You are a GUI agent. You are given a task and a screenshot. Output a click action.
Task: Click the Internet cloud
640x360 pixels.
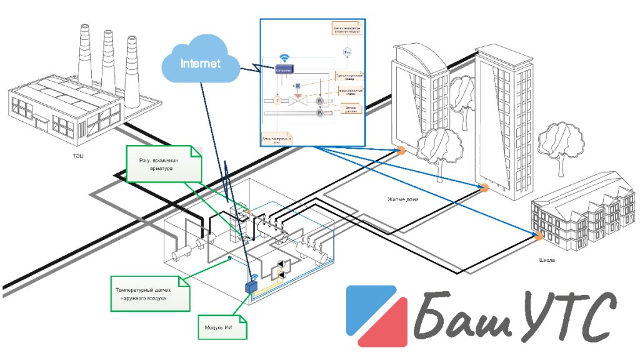point(200,64)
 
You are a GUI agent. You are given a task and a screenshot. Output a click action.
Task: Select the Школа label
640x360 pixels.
point(546,260)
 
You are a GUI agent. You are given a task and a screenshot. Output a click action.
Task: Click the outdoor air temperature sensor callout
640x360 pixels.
point(149,294)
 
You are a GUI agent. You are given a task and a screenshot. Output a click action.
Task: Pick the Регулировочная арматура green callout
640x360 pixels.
point(164,164)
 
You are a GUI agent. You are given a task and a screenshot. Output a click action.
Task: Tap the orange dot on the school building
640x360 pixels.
point(537,235)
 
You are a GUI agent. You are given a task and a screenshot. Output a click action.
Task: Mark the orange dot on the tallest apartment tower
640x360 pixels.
point(482,187)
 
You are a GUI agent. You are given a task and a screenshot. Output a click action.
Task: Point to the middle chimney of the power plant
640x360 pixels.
point(107,59)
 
